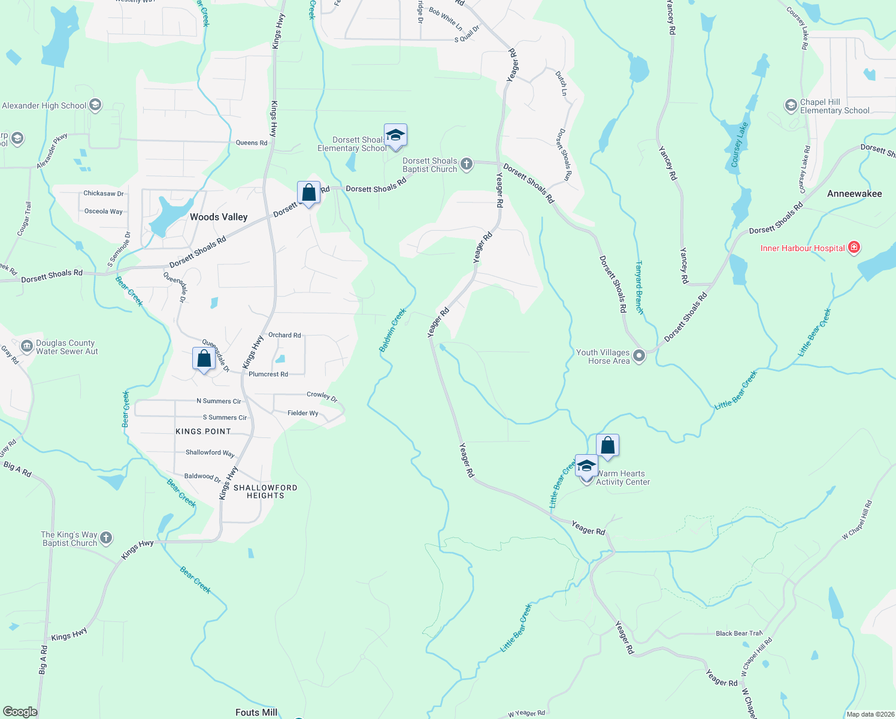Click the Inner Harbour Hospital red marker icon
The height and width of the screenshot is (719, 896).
click(x=854, y=247)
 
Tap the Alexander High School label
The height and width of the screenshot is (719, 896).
click(x=44, y=106)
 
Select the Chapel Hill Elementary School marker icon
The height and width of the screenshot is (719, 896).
click(x=791, y=106)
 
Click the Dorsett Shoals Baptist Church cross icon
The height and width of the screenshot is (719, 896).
click(x=466, y=164)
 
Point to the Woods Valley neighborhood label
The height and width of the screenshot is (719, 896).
click(x=219, y=217)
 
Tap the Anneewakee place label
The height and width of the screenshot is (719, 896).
click(x=854, y=194)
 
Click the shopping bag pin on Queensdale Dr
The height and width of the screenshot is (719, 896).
click(x=204, y=359)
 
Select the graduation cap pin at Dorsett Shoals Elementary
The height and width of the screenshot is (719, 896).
click(x=395, y=135)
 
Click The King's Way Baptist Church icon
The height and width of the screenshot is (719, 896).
click(x=106, y=537)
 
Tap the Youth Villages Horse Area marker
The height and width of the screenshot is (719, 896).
click(x=639, y=356)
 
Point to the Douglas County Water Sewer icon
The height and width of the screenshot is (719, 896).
click(x=26, y=346)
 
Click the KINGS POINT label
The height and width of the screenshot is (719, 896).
click(x=203, y=431)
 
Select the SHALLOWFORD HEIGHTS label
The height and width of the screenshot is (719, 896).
click(x=265, y=491)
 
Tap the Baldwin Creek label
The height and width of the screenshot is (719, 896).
click(x=393, y=330)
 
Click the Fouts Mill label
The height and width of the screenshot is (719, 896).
click(x=256, y=712)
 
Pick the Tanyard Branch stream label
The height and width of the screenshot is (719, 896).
click(x=639, y=288)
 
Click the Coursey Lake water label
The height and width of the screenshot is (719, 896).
click(x=739, y=145)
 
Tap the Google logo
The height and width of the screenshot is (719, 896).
click(x=20, y=711)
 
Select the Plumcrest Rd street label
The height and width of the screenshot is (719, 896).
click(x=268, y=374)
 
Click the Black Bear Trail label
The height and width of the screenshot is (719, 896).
click(x=739, y=633)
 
